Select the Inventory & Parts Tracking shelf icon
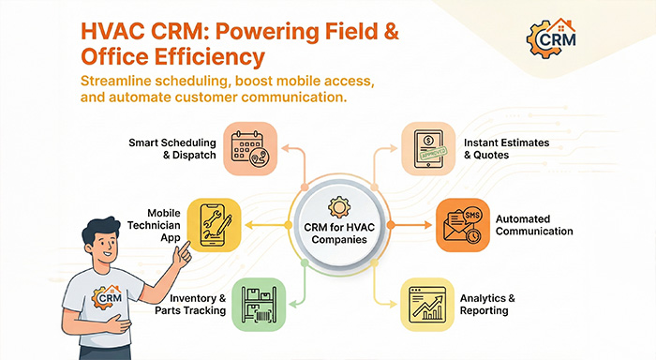[259, 303]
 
